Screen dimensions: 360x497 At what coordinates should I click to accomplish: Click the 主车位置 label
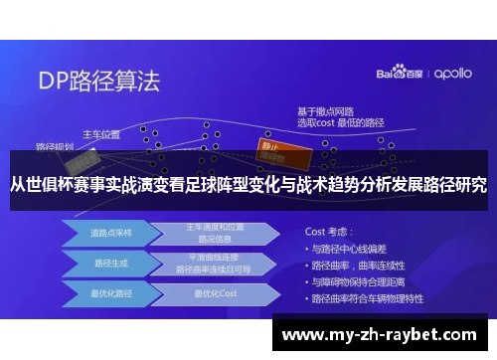100,133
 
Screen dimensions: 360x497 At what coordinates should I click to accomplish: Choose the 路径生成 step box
107,265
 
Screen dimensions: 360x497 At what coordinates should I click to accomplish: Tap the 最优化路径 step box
107,293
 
